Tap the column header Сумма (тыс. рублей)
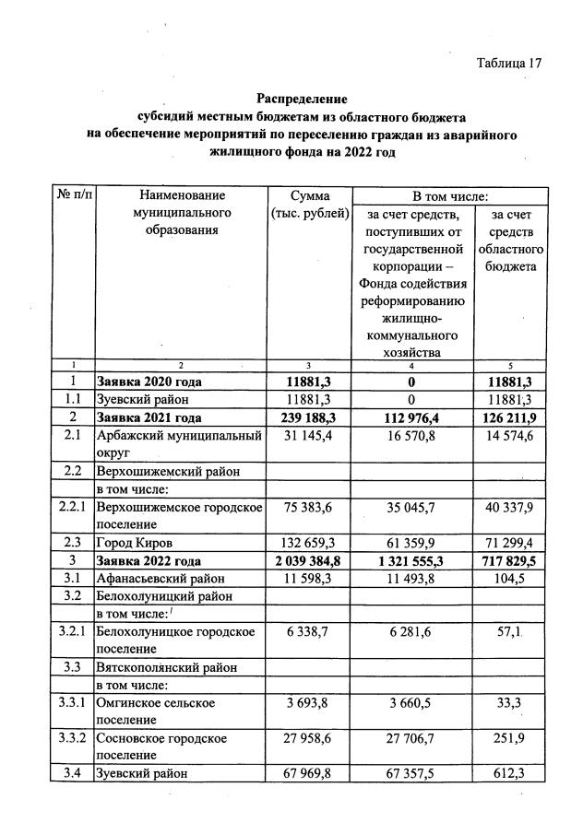pos(309,205)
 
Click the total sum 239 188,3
pos(309,417)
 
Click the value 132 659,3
pos(309,542)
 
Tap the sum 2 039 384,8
pos(309,559)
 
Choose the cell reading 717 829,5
pos(508,559)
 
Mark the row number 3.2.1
pos(73,631)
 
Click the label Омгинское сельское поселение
pos(156,711)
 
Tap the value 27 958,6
pos(309,738)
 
